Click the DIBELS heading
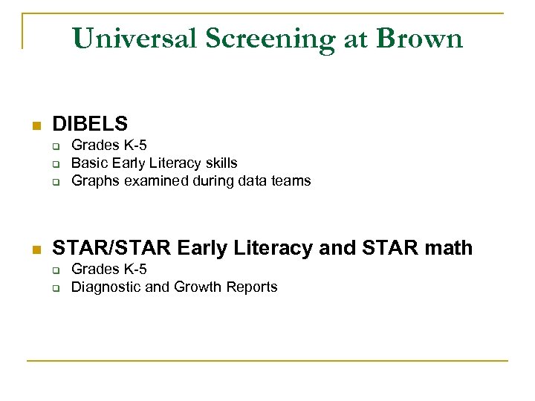(90, 123)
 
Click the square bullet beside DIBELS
(34, 125)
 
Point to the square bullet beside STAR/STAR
(34, 249)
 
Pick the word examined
(153, 180)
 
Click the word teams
(292, 180)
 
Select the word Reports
(250, 287)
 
